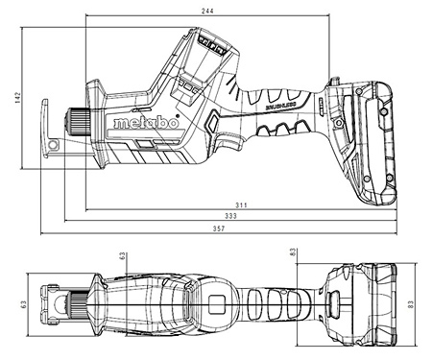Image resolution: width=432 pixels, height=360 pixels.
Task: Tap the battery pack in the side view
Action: tap(368, 144)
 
